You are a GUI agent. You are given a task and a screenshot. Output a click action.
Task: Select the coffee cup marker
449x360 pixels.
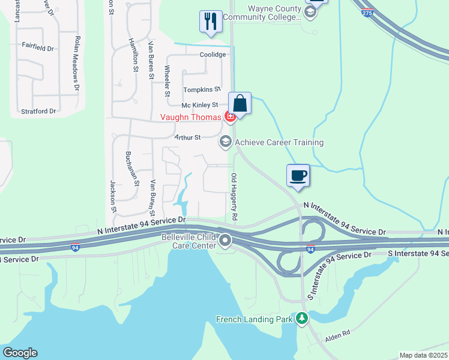click(x=298, y=175)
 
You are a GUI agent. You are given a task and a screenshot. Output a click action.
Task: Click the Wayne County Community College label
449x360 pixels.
click(x=261, y=13)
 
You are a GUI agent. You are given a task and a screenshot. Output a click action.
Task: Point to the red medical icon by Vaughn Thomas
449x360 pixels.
click(x=229, y=116)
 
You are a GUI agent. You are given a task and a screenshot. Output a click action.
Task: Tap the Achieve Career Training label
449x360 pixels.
click(x=279, y=142)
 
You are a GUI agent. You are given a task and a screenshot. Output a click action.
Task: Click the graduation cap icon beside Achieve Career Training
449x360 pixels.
click(x=226, y=142)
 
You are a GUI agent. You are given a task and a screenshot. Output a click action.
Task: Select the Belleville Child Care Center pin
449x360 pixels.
click(x=226, y=241)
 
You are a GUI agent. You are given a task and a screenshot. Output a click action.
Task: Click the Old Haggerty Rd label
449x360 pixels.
click(x=234, y=196)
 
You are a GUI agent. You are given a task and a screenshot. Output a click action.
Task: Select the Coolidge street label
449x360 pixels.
click(x=213, y=55)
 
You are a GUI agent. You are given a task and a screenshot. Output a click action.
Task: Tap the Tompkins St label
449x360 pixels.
click(x=199, y=89)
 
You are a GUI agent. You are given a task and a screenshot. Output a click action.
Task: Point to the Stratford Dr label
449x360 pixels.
click(x=38, y=111)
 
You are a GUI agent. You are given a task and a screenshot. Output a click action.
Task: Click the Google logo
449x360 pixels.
click(x=19, y=353)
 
